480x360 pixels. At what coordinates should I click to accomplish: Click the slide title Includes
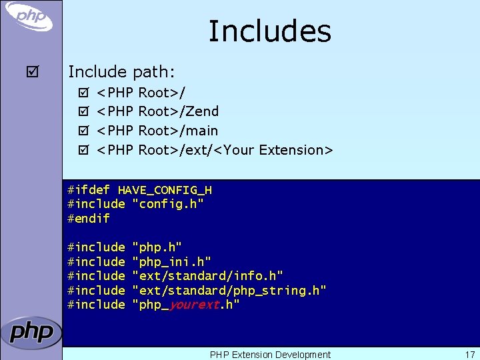tap(269, 31)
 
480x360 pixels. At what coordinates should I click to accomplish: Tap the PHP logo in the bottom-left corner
tap(31, 333)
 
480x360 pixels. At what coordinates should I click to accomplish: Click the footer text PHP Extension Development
tap(270, 355)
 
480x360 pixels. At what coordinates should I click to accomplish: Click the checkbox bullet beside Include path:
tap(26, 71)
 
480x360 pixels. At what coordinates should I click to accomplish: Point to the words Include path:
tap(121, 71)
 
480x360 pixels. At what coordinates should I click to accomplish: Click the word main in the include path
tap(202, 131)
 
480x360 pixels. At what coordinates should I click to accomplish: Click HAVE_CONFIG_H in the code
tap(165, 190)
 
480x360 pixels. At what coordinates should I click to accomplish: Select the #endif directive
tap(89, 218)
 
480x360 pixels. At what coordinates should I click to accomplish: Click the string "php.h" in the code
tap(157, 247)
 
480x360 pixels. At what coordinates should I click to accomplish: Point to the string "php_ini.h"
tap(172, 262)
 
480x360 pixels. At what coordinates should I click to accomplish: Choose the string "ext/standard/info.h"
tap(208, 276)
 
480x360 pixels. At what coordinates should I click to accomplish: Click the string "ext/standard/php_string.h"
tap(229, 291)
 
